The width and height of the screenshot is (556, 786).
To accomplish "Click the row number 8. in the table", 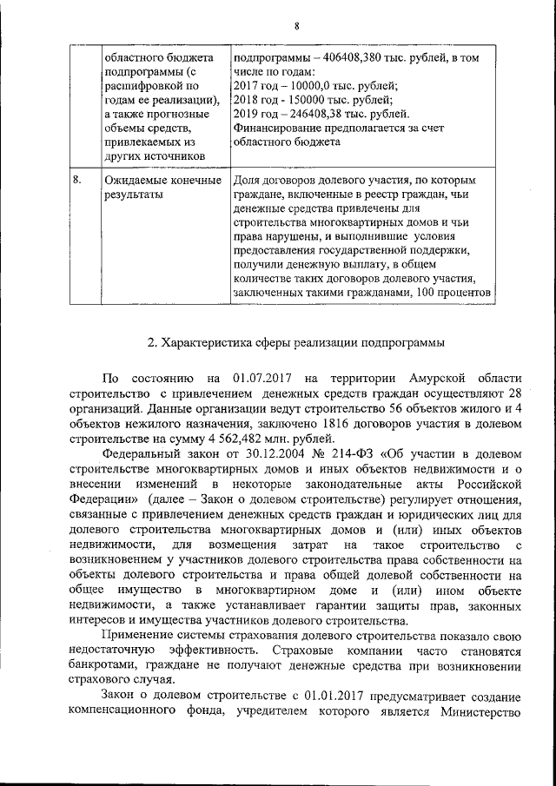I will (77, 181).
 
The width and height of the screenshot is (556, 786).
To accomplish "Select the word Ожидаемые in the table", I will (132, 181).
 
